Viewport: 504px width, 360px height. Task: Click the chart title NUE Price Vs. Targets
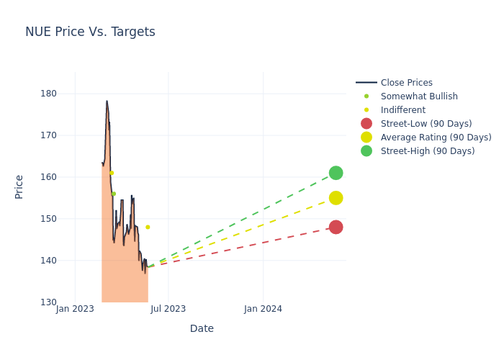[x=90, y=32]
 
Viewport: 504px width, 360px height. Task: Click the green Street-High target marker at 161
[x=336, y=173]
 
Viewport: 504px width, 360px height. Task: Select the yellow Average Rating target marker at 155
[x=336, y=198]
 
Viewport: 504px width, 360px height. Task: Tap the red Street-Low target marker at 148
[x=336, y=227]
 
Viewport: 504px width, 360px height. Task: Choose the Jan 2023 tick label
[x=75, y=310]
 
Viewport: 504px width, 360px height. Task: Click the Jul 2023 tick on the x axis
[x=168, y=310]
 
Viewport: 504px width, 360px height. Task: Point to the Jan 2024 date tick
[x=263, y=310]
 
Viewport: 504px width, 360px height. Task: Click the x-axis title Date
[x=202, y=329]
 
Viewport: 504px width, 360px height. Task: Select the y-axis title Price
[x=19, y=186]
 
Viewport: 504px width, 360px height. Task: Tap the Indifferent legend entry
[x=402, y=110]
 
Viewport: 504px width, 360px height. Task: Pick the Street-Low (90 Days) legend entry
[x=426, y=124]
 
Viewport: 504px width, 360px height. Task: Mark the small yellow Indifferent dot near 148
[x=148, y=227]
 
